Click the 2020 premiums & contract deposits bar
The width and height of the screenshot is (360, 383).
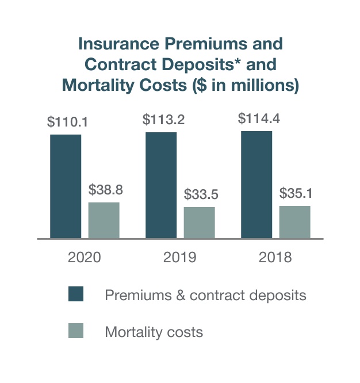pos(66,186)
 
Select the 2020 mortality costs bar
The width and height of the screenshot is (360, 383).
pos(104,220)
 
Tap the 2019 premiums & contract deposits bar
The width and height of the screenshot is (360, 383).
pos(161,185)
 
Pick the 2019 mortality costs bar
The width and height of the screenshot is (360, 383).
pos(199,223)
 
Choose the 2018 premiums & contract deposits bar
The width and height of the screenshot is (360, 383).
pos(256,185)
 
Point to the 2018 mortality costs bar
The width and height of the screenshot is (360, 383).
pos(294,222)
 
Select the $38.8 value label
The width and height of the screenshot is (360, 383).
pos(106,189)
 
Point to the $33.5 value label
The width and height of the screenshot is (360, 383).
pos(201,194)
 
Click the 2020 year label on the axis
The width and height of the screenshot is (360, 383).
pos(84,257)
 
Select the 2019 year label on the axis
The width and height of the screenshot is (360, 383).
pos(179,257)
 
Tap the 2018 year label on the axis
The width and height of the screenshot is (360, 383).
pos(275,257)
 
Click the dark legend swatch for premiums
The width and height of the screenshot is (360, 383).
pos(76,294)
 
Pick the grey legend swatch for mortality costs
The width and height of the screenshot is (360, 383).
pos(76,331)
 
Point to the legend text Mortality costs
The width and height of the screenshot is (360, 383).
pos(154,332)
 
